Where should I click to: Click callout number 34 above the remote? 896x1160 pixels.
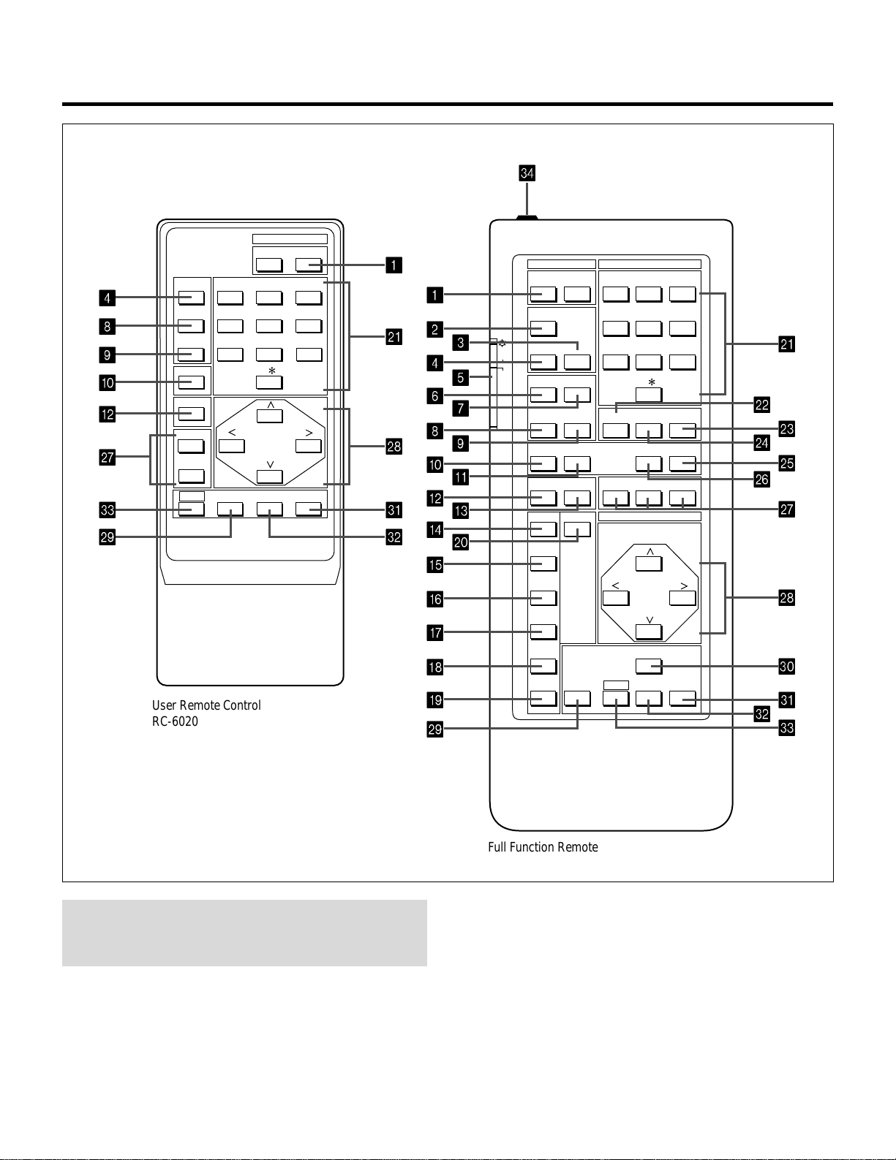[x=527, y=173]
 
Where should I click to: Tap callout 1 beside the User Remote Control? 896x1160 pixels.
[x=394, y=265]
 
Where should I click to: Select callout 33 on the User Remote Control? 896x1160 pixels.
[x=108, y=509]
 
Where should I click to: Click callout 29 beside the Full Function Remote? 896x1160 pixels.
[x=435, y=729]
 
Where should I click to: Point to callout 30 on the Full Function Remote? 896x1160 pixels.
[x=786, y=666]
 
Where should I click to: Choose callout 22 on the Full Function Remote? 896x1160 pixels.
[x=762, y=405]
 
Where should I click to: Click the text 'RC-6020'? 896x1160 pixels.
[x=175, y=721]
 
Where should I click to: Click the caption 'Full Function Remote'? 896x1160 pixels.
[x=543, y=847]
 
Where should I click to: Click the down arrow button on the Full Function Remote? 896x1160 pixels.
[x=650, y=632]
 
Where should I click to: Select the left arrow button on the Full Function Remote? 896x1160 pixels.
[x=616, y=598]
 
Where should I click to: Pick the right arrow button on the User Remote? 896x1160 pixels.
[x=309, y=446]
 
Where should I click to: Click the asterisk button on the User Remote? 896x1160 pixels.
[x=270, y=382]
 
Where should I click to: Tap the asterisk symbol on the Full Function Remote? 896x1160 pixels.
[x=652, y=382]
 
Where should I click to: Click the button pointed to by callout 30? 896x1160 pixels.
[x=650, y=666]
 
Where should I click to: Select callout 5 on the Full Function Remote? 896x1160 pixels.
[x=461, y=377]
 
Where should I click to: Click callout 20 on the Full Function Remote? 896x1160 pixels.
[x=461, y=542]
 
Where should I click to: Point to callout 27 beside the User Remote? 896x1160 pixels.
[x=108, y=457]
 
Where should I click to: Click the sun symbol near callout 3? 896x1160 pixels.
[x=502, y=344]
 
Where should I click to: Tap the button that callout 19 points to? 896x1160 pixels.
[x=543, y=699]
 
